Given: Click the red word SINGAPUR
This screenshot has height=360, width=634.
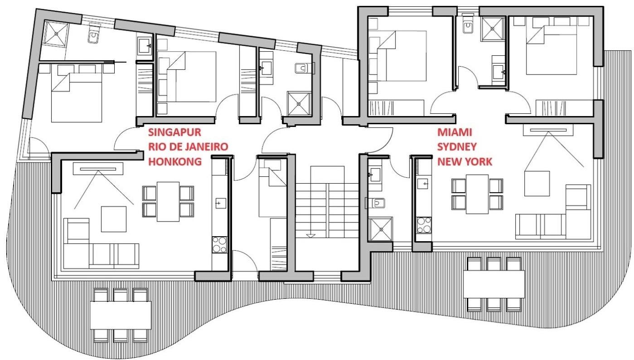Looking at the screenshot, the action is click(x=174, y=132).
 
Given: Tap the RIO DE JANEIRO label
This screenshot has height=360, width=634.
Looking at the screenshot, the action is click(x=188, y=147).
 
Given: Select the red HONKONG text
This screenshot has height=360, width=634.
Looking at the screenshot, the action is click(x=175, y=162).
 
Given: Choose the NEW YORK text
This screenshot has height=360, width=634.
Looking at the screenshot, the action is click(x=465, y=162).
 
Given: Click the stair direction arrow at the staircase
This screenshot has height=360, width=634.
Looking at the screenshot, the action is click(x=310, y=236).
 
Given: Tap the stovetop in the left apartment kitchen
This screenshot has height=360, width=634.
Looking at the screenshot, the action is click(x=219, y=245).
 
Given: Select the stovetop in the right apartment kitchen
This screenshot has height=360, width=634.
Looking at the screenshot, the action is click(x=424, y=225).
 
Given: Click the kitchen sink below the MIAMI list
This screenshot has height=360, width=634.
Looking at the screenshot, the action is click(x=422, y=184).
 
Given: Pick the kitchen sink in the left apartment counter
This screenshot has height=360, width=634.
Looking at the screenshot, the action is click(x=221, y=204).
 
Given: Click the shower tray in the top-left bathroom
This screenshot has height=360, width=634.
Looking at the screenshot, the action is click(x=57, y=34).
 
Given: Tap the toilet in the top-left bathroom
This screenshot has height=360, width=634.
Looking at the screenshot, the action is click(x=94, y=34).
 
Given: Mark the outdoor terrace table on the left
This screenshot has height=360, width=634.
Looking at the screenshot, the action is click(x=120, y=315).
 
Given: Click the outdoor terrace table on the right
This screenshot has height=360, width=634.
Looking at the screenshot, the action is click(x=494, y=284).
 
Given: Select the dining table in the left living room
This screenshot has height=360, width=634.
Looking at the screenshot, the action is click(x=168, y=201).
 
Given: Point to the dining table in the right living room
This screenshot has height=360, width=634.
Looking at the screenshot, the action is click(x=477, y=194).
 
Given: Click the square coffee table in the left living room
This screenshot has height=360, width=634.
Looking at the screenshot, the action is click(x=114, y=219).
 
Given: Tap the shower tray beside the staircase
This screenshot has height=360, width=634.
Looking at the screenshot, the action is click(x=380, y=229).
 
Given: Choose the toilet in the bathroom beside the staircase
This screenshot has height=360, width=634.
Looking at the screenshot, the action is click(x=375, y=203).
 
